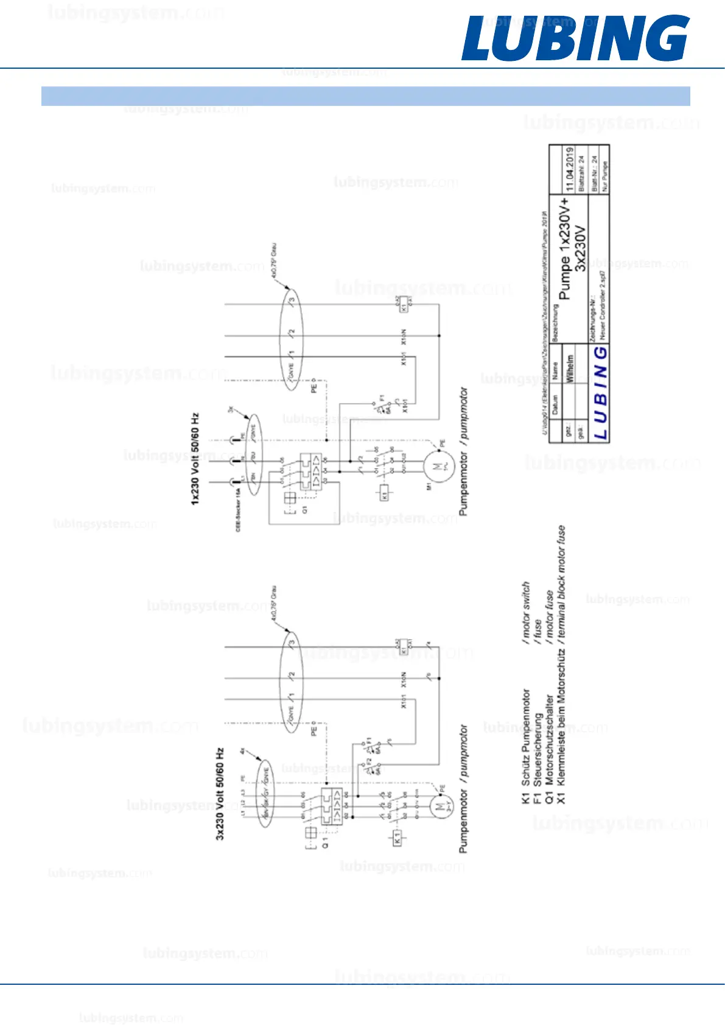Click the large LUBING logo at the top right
tap(575, 38)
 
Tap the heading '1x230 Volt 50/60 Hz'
tap(195, 459)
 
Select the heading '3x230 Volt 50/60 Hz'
tap(220, 794)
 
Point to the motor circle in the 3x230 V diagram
tap(440, 807)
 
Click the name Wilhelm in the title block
tap(570, 368)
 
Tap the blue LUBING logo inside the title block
tap(600, 393)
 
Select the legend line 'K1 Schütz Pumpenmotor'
tap(526, 746)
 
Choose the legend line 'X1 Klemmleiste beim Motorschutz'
tap(561, 724)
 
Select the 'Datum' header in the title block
tap(555, 404)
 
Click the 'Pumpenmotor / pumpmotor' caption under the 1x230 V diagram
tap(464, 452)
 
